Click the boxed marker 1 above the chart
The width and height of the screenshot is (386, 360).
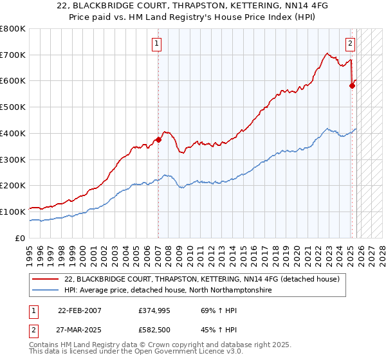click(157, 44)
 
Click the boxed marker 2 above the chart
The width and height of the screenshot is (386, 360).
click(350, 44)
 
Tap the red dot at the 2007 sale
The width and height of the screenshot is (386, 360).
click(158, 139)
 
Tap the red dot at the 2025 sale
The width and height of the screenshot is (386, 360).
click(352, 84)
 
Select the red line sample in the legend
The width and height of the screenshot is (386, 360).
click(47, 279)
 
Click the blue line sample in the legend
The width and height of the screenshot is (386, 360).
click(47, 291)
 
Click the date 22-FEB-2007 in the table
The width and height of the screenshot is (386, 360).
click(79, 310)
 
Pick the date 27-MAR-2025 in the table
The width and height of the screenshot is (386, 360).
click(79, 330)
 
